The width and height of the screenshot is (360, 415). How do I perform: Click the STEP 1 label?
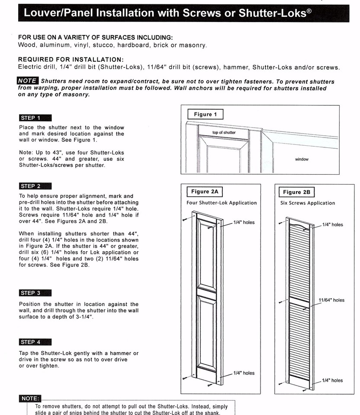35,118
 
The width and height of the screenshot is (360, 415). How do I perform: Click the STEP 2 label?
35,186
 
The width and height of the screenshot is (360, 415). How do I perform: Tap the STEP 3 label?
35,293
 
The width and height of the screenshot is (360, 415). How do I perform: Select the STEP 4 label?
35,342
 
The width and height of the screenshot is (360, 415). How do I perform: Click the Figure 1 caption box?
205,115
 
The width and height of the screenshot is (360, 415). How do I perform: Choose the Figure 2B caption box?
297,192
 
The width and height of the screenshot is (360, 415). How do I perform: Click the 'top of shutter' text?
224,133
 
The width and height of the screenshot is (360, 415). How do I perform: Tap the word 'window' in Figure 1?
302,160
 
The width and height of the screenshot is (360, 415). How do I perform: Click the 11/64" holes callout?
331,300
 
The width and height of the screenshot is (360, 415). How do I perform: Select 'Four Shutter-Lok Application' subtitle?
222,203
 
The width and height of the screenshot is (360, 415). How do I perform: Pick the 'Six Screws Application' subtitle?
307,203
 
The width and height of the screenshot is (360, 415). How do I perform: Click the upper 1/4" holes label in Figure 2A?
244,223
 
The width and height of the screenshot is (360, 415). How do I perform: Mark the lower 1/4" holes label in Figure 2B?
332,380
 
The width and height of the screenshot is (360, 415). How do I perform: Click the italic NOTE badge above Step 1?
28,81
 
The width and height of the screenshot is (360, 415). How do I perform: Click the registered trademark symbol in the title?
309,10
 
